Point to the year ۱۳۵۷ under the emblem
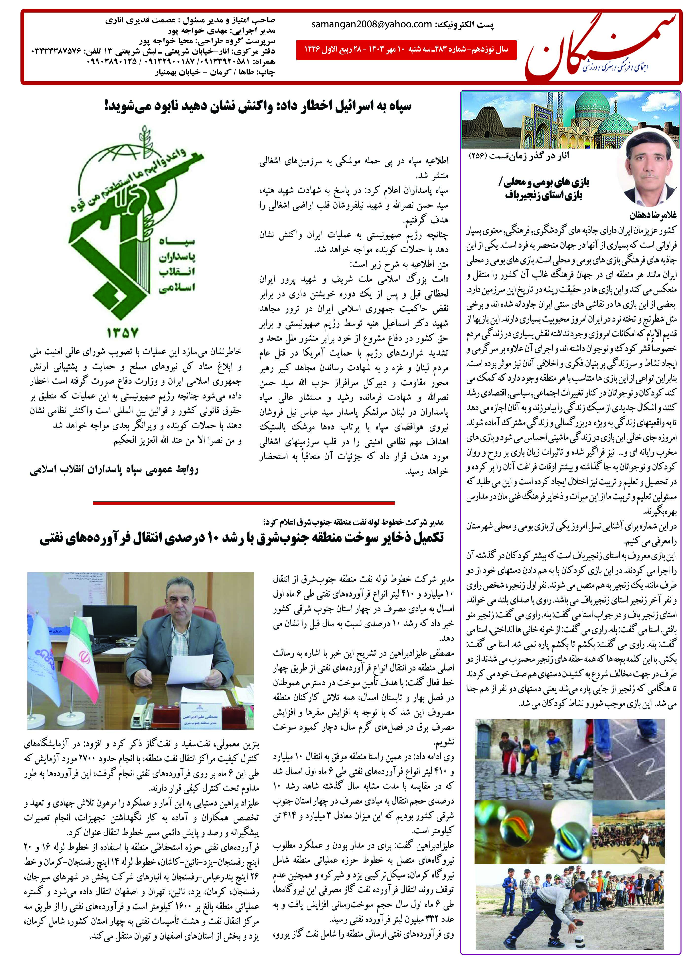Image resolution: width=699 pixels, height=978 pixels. pyautogui.click(x=123, y=332)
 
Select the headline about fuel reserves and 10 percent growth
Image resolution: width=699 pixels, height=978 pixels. pyautogui.click(x=241, y=539)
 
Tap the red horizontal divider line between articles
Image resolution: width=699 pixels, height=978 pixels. pyautogui.click(x=244, y=502)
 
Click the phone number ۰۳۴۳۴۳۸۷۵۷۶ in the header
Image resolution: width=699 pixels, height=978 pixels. pyautogui.click(x=56, y=51)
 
